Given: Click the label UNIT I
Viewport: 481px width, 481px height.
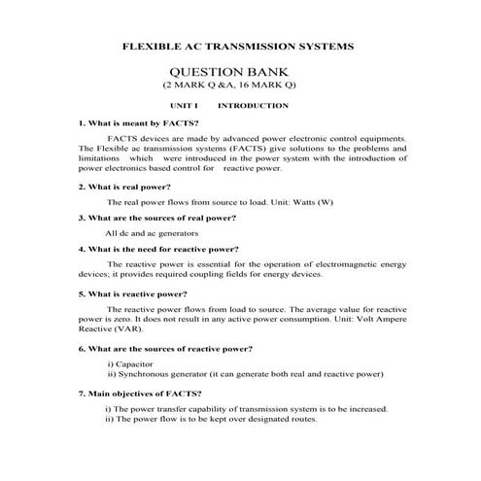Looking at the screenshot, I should [183, 105].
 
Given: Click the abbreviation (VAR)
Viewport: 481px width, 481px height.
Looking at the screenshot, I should [139, 328].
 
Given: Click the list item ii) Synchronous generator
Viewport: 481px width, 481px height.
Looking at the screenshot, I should [245, 373].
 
